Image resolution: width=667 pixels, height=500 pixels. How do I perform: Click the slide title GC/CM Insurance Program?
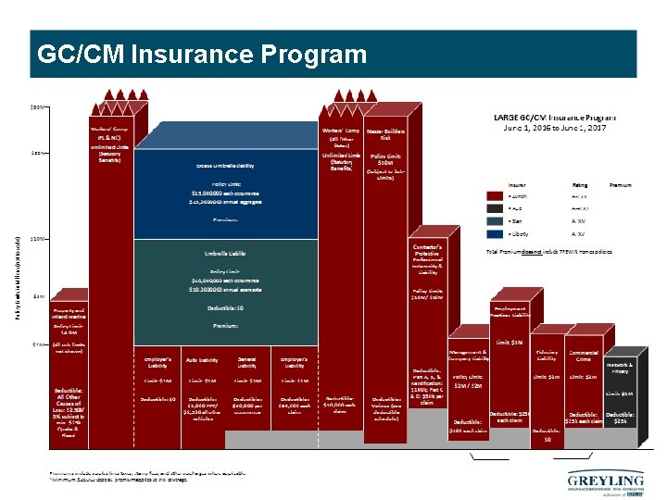(x=202, y=55)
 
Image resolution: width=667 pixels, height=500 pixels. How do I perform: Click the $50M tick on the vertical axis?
(x=38, y=108)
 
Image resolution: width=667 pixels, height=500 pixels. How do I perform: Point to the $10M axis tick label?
(x=38, y=239)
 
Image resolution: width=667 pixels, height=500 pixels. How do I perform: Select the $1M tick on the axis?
(x=38, y=344)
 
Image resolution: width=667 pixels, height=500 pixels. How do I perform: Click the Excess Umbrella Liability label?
(x=225, y=166)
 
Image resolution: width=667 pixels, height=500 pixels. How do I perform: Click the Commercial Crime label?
(x=584, y=356)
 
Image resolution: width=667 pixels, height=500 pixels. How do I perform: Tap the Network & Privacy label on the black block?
(x=620, y=369)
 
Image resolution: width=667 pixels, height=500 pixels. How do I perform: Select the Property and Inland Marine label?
(x=70, y=313)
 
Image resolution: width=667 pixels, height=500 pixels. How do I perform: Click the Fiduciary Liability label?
(x=547, y=356)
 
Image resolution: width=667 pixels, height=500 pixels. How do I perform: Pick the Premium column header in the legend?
(x=621, y=185)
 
